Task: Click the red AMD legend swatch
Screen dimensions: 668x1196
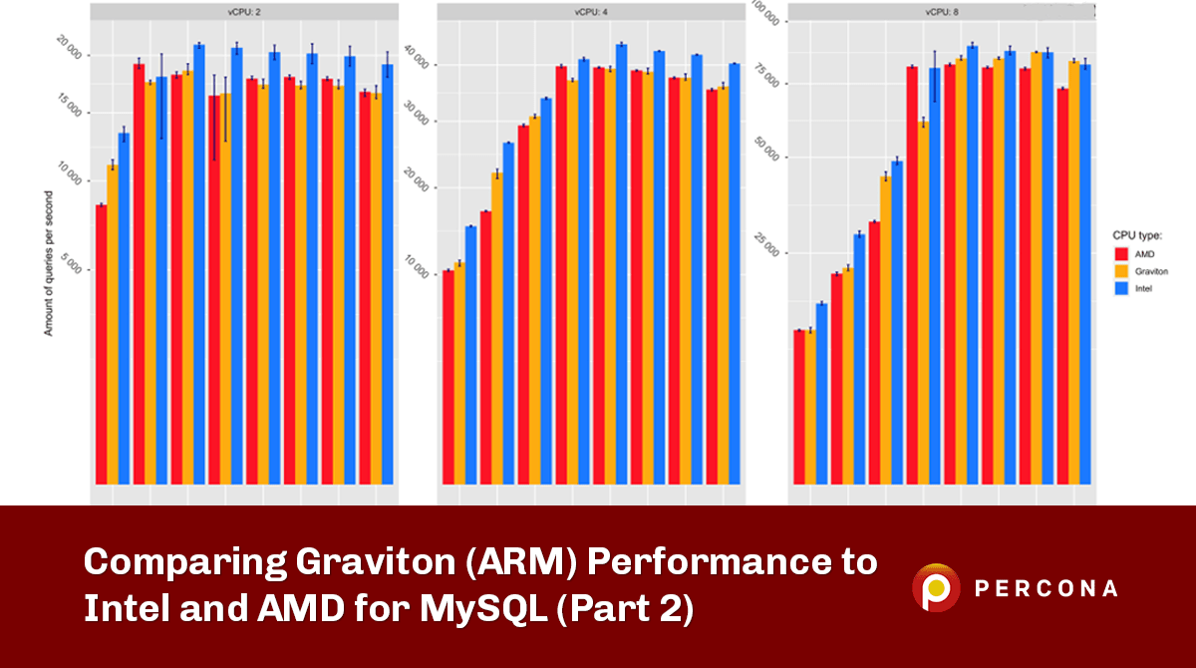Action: point(1120,254)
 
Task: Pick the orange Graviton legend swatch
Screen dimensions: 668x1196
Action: point(1120,270)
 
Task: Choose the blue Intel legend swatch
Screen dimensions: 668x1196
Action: point(1120,287)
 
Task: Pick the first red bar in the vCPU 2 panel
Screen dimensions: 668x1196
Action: point(101,344)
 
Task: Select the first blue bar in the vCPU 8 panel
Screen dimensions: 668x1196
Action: point(821,394)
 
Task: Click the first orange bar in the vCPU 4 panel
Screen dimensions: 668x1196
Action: point(459,374)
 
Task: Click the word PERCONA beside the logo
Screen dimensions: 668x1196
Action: point(1046,588)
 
